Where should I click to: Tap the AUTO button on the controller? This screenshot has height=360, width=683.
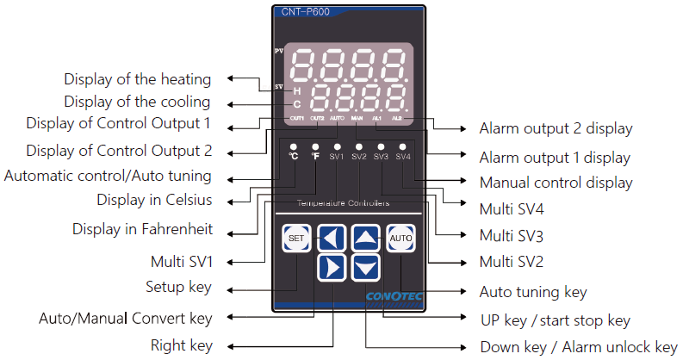pyautogui.click(x=400, y=237)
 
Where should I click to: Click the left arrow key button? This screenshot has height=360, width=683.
pyautogui.click(x=332, y=237)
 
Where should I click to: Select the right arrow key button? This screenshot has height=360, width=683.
pyautogui.click(x=332, y=267)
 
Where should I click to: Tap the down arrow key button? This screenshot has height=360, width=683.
pyautogui.click(x=366, y=267)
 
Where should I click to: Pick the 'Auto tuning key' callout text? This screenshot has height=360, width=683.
pyautogui.click(x=533, y=293)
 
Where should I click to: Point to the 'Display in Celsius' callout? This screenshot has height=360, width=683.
pyautogui.click(x=154, y=200)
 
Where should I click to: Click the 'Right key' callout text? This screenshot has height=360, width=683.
pyautogui.click(x=181, y=346)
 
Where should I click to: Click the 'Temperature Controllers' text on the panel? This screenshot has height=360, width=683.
pyautogui.click(x=343, y=203)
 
